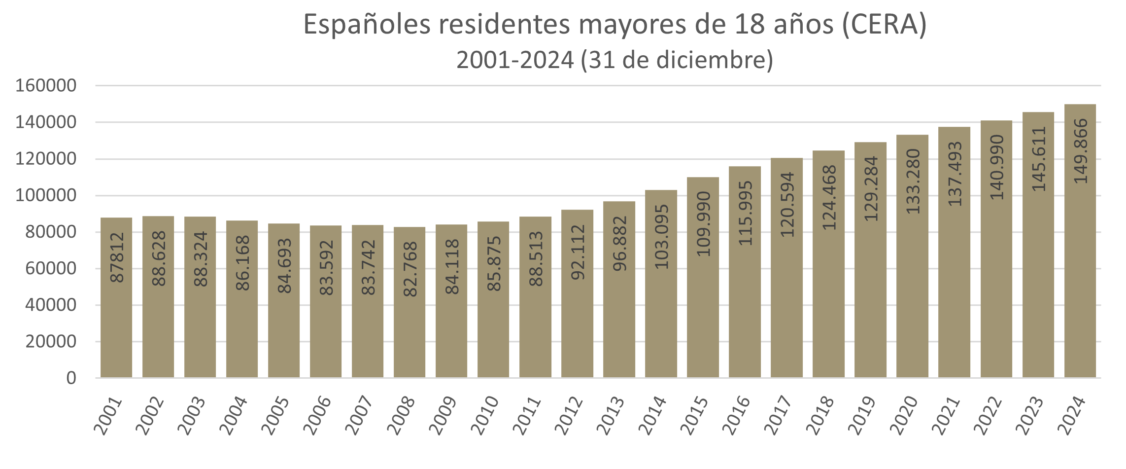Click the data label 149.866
[x=1080, y=151]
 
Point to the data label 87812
[x=117, y=257]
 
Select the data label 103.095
[x=661, y=237]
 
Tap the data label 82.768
[x=410, y=269]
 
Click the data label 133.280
[x=913, y=181]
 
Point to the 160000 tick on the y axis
[x=46, y=86]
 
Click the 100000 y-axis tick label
[x=46, y=195]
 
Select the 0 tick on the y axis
[x=71, y=378]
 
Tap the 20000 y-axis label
[x=51, y=341]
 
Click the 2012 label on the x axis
[x=570, y=415]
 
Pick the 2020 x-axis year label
[x=905, y=415]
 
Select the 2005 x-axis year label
[x=276, y=415]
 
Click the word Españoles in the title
[x=367, y=25]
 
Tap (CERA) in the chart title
[x=884, y=25]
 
